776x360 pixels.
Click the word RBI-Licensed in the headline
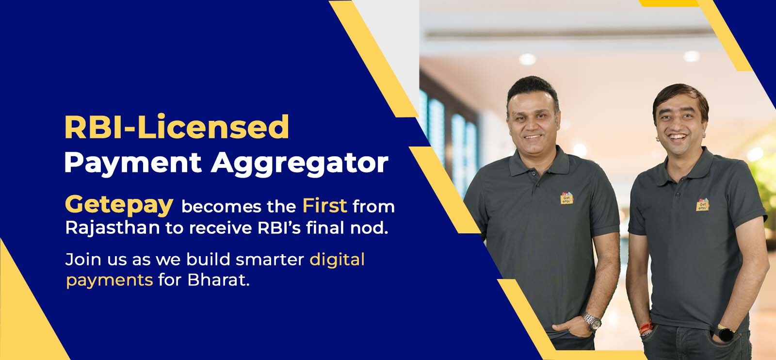tap(177, 127)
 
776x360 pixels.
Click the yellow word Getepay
tap(119, 205)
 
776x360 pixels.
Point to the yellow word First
tap(324, 206)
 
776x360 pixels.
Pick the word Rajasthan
tap(113, 228)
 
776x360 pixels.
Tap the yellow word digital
tap(337, 260)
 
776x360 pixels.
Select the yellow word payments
tap(110, 280)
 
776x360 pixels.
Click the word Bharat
tap(218, 279)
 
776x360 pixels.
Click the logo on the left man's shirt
tap(567, 198)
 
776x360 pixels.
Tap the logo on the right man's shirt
tap(703, 205)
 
